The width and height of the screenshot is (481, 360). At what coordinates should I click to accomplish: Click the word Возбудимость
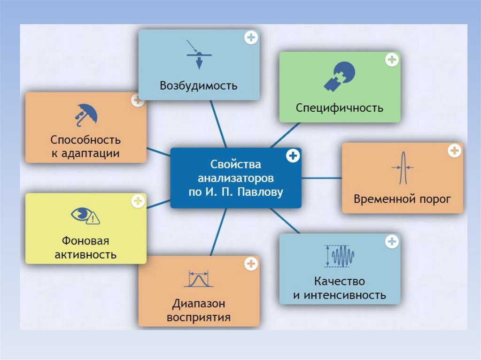tap(198, 86)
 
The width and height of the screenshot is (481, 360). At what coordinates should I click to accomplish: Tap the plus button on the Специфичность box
tap(392, 60)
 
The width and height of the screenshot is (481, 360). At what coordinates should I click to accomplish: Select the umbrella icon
tap(85, 114)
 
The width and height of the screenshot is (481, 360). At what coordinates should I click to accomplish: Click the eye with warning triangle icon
tap(85, 215)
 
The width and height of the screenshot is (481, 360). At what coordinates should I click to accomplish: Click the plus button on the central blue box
tap(293, 156)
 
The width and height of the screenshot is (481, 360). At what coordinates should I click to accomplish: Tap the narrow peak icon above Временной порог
tap(402, 168)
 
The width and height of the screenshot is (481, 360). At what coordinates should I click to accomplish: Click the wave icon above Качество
tap(340, 256)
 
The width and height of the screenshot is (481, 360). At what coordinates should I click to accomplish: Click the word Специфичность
tap(339, 108)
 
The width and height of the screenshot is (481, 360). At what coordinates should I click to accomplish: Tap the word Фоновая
tap(85, 241)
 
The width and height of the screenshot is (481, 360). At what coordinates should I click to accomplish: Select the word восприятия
tap(198, 317)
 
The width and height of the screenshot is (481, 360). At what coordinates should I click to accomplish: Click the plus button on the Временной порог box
tap(454, 151)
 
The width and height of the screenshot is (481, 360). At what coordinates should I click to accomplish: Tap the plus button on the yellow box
tap(138, 201)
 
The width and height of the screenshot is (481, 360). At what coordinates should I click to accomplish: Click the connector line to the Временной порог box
tap(321, 178)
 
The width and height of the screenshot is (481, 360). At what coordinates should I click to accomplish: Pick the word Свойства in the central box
tap(235, 165)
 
